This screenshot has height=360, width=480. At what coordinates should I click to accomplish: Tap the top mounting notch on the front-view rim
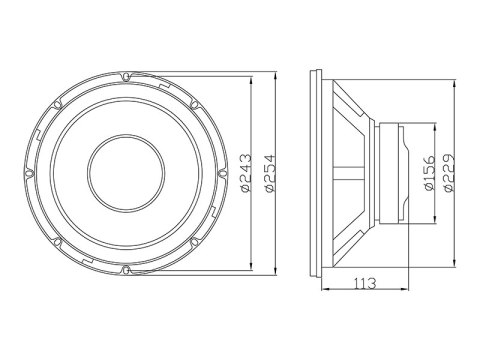tap(125, 73)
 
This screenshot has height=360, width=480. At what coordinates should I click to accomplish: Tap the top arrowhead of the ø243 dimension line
tap(248, 81)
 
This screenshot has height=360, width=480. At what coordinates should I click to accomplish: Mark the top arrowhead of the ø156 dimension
tap(432, 127)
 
